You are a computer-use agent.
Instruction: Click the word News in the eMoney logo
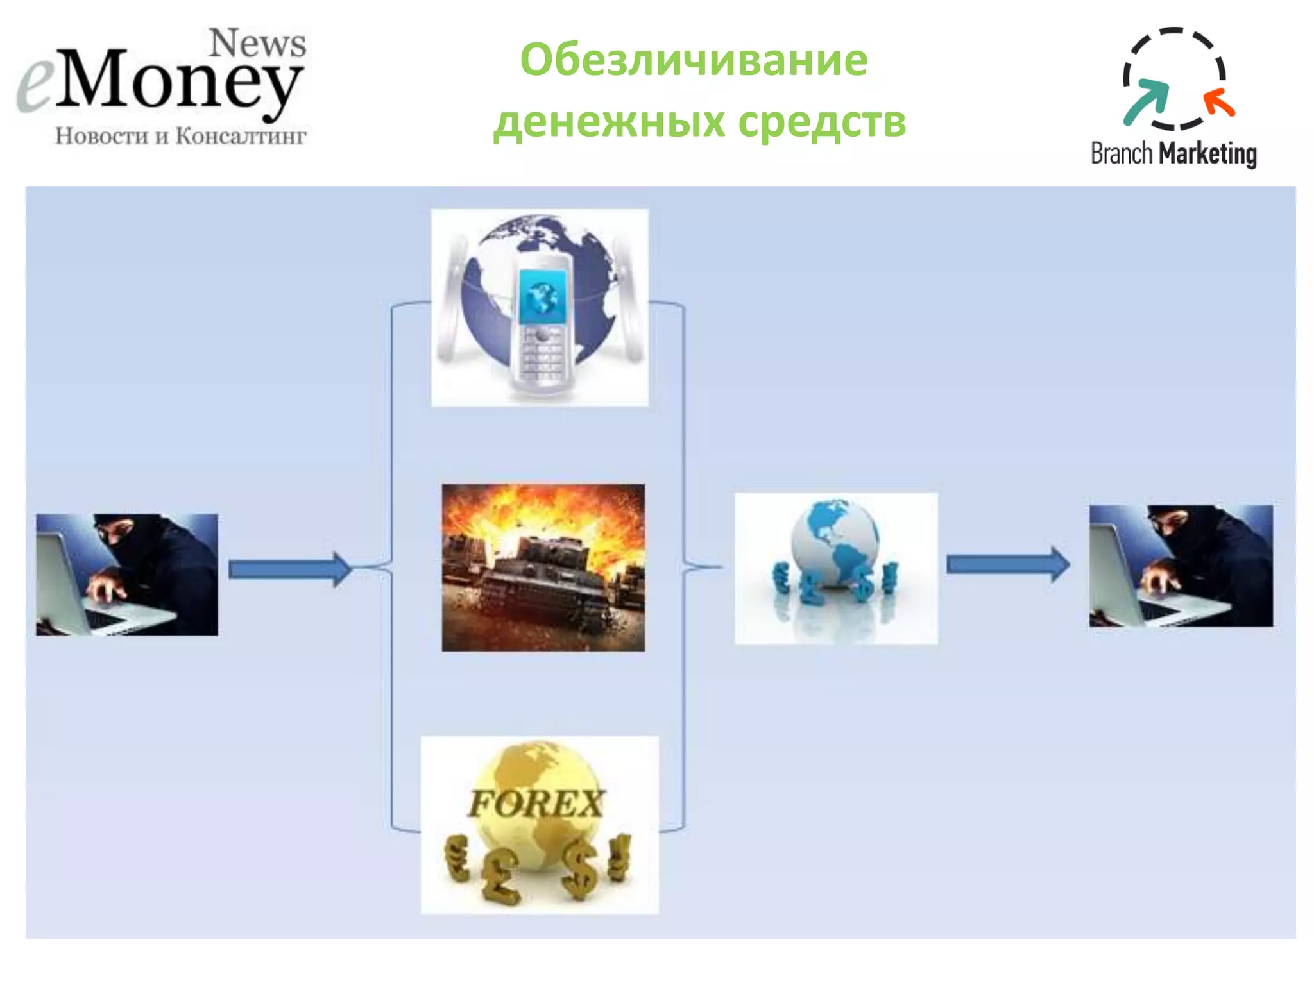(258, 44)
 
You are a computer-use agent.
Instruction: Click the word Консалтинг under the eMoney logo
(241, 136)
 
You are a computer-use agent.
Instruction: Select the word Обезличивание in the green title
(694, 59)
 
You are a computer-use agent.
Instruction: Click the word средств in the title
(822, 121)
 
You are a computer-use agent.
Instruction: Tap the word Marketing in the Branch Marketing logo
(1208, 154)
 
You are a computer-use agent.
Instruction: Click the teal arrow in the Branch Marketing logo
(1146, 101)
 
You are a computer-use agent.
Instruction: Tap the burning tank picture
(543, 568)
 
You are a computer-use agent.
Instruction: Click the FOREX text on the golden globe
(536, 804)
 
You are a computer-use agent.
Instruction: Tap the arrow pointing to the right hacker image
(1008, 564)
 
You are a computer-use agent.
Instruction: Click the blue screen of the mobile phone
(543, 296)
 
